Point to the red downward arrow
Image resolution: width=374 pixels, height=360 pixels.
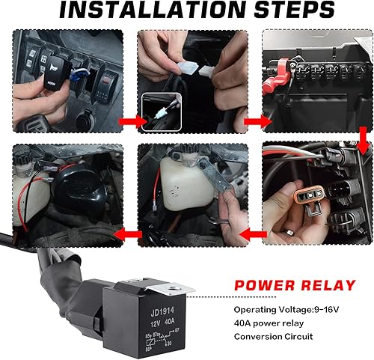coord(362,138)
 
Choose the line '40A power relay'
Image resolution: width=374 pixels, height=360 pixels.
coord(268,323)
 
